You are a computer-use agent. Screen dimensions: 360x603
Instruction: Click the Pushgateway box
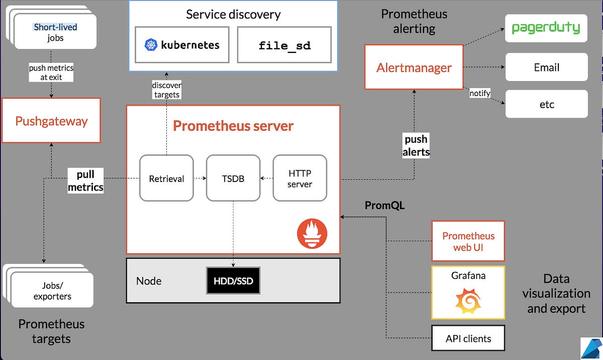[51, 121]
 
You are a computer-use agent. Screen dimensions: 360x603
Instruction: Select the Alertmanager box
[414, 67]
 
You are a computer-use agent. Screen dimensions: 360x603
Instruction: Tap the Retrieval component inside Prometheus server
[166, 178]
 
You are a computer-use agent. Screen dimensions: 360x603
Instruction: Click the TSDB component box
[233, 178]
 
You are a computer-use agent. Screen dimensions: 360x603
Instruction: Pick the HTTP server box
[300, 178]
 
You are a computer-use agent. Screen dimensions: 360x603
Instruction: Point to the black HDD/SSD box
[233, 281]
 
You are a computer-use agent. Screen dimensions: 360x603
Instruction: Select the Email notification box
[546, 67]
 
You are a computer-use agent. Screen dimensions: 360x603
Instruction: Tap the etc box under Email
[546, 104]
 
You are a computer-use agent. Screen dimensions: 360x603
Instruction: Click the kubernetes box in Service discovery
[183, 45]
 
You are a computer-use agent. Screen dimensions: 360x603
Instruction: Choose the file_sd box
[284, 45]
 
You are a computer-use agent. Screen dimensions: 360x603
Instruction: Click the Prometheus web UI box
[468, 241]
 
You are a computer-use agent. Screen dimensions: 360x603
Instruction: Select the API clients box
[468, 338]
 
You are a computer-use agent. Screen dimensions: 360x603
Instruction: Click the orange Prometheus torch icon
[312, 234]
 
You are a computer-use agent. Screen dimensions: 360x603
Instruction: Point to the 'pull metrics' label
[85, 181]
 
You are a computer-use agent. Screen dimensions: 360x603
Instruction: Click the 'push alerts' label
[416, 145]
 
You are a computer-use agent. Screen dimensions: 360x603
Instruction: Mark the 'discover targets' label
[166, 90]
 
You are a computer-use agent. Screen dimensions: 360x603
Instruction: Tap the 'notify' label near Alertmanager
[479, 94]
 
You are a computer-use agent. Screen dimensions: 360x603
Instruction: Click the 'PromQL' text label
[384, 205]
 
